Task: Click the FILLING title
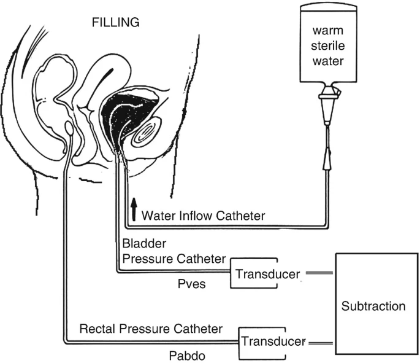115,23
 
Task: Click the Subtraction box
374,305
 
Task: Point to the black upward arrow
132,209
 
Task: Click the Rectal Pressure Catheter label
151,329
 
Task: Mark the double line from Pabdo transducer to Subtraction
322,342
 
